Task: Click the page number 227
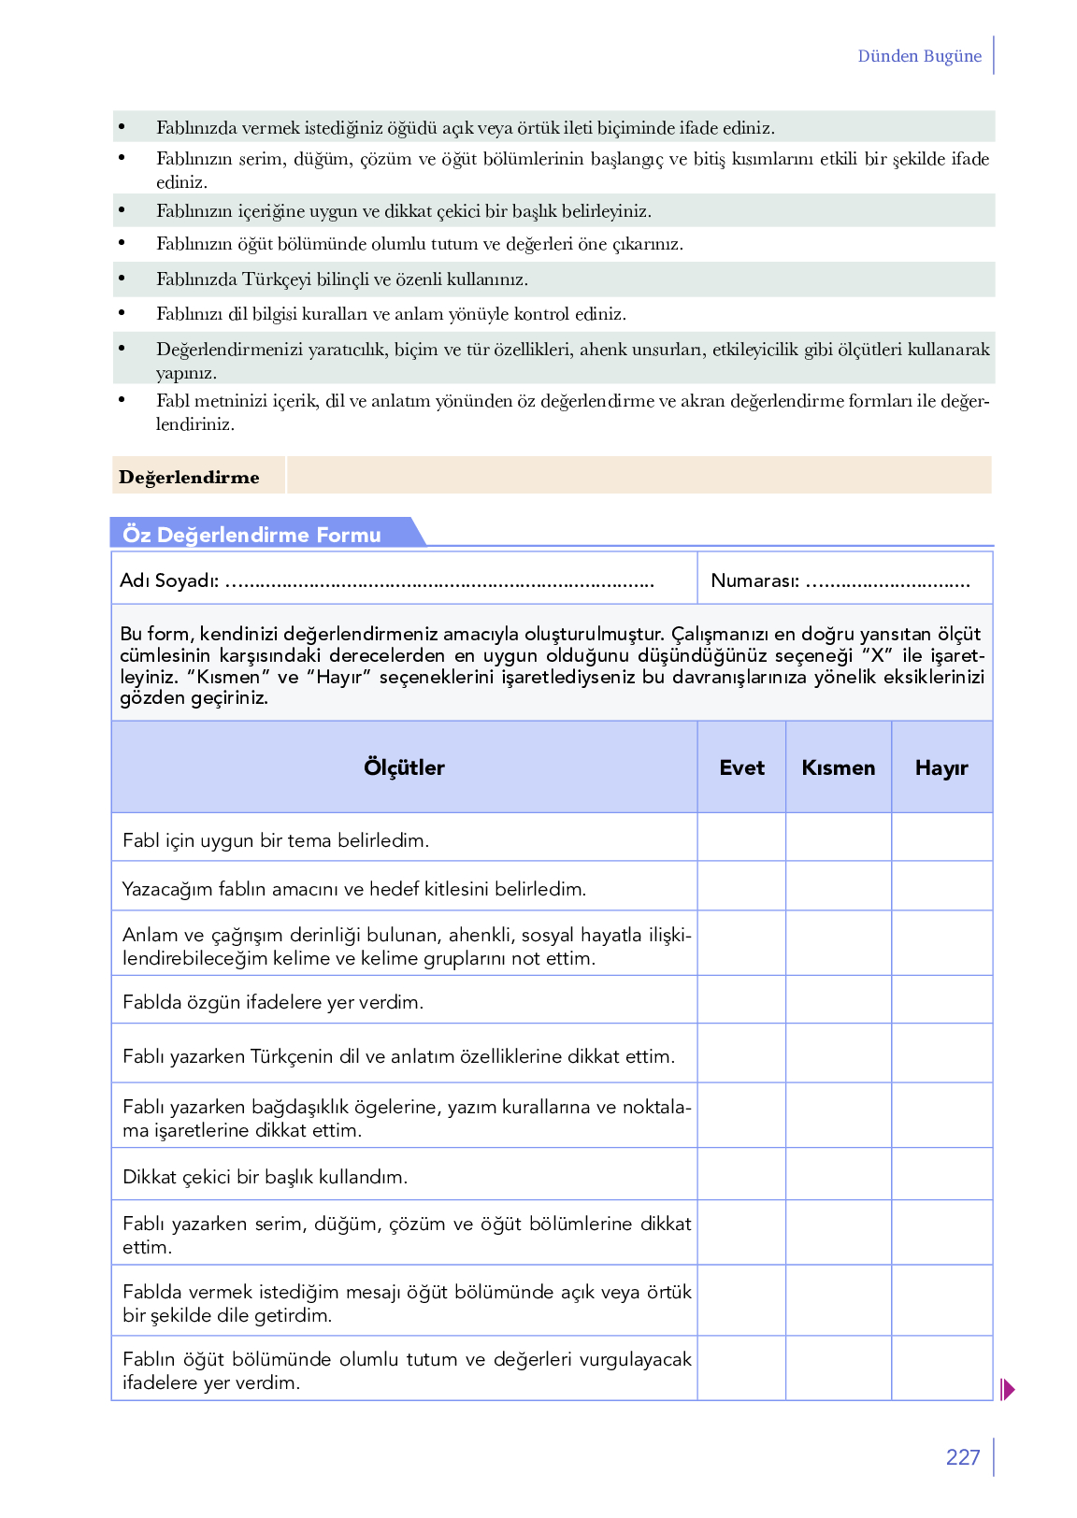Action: click(962, 1457)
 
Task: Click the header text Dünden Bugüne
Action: click(919, 56)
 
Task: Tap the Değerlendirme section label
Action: click(189, 478)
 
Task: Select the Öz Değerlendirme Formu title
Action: click(252, 535)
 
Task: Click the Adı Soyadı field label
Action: click(169, 580)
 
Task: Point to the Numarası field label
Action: click(754, 580)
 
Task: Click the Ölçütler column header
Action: click(404, 767)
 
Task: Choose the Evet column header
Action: click(741, 767)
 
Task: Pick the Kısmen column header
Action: click(839, 767)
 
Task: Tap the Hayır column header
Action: click(941, 767)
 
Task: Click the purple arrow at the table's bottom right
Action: click(1007, 1389)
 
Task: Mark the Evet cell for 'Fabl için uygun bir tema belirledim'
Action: click(741, 838)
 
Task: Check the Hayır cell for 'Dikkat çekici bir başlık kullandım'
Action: click(941, 1174)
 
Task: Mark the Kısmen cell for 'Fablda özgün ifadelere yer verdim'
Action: click(839, 1000)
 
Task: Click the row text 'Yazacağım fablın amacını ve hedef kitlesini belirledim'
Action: click(354, 889)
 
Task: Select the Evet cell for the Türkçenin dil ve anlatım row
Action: click(741, 1053)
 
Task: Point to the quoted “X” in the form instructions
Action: click(878, 655)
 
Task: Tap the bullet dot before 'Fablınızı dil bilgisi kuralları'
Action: click(122, 313)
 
